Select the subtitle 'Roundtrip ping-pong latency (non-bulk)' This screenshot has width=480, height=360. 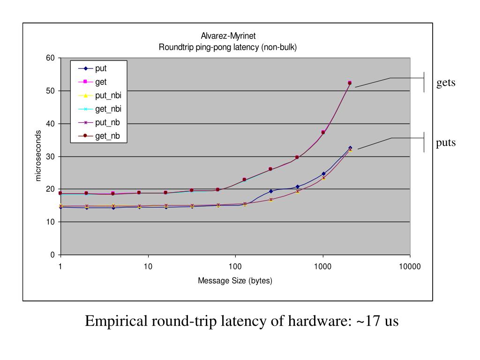pyautogui.click(x=228, y=47)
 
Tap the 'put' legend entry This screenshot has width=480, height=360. pyautogui.click(x=101, y=68)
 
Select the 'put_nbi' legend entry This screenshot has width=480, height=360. pyautogui.click(x=105, y=96)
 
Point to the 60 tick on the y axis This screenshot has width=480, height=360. pyautogui.click(x=50, y=58)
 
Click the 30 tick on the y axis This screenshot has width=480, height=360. pyautogui.click(x=50, y=157)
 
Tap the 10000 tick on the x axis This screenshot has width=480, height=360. pyautogui.click(x=410, y=266)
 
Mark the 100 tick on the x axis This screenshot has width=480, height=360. pyautogui.click(x=235, y=266)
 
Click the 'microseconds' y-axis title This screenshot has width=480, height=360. pyautogui.click(x=38, y=157)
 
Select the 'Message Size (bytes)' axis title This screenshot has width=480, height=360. pyautogui.click(x=235, y=281)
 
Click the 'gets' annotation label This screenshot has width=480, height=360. pyautogui.click(x=446, y=83)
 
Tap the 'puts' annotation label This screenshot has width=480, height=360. pyautogui.click(x=446, y=142)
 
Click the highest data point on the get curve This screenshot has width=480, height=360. pyautogui.click(x=349, y=82)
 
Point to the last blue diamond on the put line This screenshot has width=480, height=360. pyautogui.click(x=350, y=148)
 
